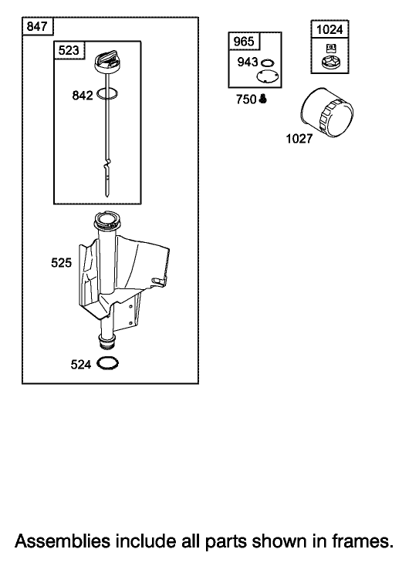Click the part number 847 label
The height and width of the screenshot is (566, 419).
[37, 26]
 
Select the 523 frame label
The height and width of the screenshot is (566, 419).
[69, 50]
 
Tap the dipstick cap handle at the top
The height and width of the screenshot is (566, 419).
[106, 59]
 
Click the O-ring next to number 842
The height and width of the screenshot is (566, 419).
[107, 94]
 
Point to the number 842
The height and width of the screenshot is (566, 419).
[83, 96]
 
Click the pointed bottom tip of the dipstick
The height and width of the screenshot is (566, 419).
[107, 197]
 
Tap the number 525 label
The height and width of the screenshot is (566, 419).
[62, 263]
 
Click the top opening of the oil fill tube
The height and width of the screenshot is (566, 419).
[106, 220]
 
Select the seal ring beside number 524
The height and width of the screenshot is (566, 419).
[107, 363]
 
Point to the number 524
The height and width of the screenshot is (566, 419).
[81, 365]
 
